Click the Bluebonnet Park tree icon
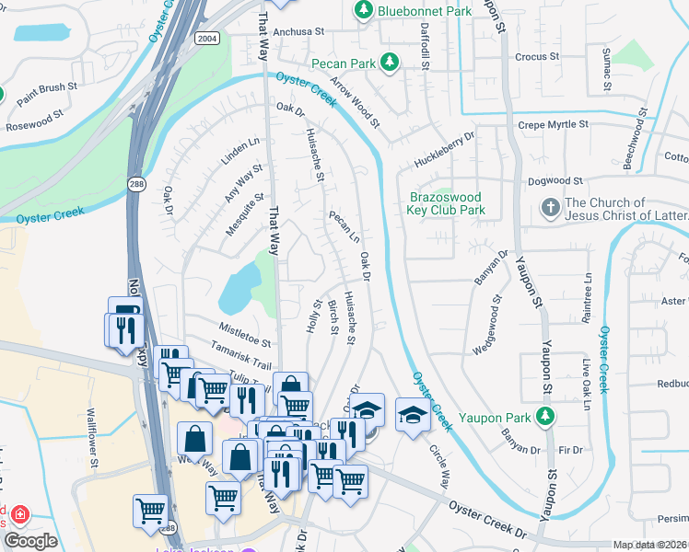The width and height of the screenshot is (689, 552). [364, 10]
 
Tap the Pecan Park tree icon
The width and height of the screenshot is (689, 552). [391, 62]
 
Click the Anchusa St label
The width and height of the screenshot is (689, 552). [292, 30]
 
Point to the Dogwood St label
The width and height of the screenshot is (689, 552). [553, 181]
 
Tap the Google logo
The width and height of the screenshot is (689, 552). [30, 541]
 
